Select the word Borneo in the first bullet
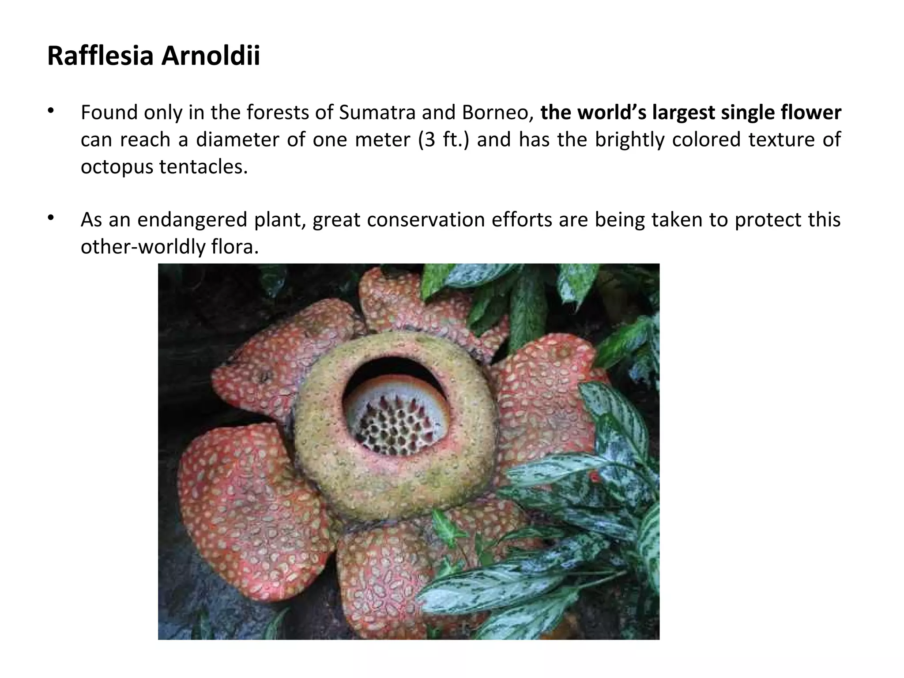click(495, 113)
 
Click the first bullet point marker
click(51, 110)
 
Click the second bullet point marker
click(51, 217)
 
